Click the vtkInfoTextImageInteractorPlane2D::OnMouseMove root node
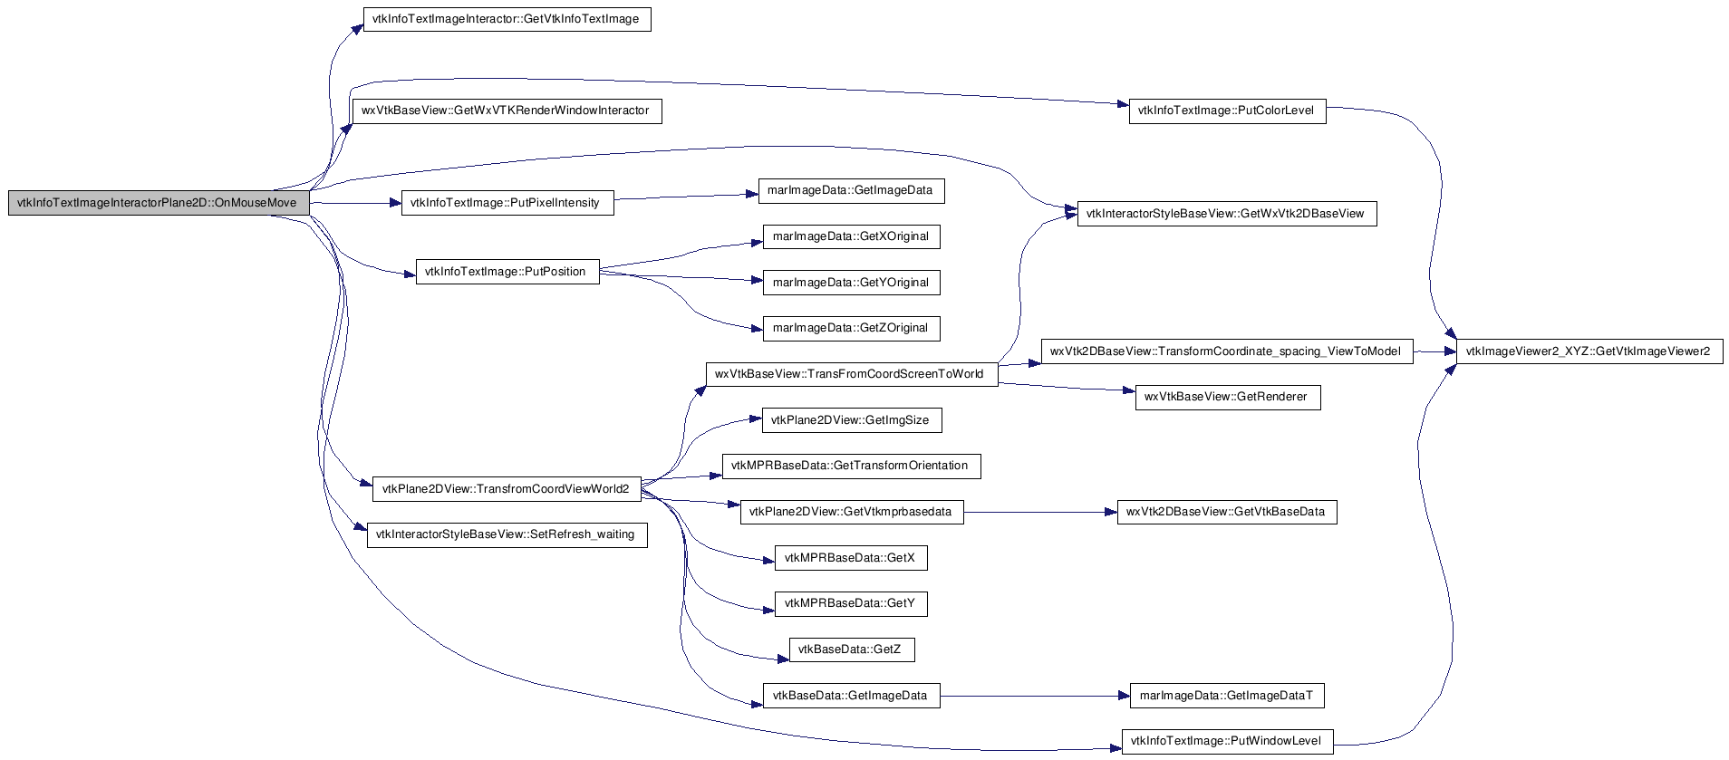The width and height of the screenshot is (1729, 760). [159, 203]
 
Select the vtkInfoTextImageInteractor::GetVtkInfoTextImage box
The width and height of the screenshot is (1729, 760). [507, 19]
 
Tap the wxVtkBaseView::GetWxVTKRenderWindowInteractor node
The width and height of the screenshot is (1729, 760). [507, 111]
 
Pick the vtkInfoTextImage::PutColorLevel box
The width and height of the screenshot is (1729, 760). [1227, 111]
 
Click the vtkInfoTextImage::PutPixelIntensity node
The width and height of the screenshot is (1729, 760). [507, 203]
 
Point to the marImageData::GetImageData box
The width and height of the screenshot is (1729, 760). [851, 190]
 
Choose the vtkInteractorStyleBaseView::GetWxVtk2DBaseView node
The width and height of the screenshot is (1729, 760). [1226, 214]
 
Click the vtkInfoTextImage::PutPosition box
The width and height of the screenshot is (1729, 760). [507, 272]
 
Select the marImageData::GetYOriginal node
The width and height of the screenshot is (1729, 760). [851, 283]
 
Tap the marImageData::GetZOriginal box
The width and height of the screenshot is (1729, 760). [851, 328]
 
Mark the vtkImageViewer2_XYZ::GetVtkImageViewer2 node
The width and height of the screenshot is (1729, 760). [1589, 351]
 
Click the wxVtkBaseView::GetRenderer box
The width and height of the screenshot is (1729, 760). [1227, 397]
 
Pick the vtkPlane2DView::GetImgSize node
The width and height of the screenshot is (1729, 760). [851, 420]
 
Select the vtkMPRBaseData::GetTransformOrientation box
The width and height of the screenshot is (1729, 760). [851, 466]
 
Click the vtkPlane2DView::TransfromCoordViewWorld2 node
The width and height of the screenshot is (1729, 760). [507, 489]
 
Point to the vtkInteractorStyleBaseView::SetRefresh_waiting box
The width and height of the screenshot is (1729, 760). [507, 534]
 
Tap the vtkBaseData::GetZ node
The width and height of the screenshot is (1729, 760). [851, 649]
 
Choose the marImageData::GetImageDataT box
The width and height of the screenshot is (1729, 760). [1227, 696]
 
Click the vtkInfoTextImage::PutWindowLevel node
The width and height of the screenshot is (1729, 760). [1227, 741]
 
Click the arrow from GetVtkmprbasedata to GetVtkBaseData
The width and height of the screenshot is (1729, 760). [1040, 512]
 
